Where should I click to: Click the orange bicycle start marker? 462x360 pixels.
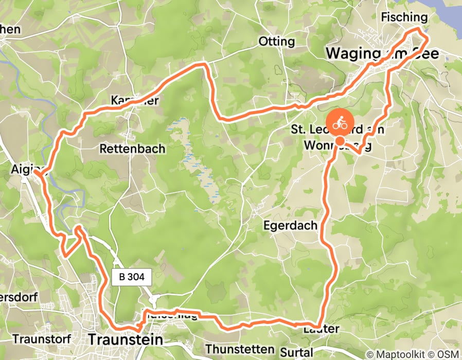(339, 123)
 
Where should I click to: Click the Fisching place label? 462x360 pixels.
(404, 17)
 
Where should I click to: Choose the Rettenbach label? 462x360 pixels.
(132, 149)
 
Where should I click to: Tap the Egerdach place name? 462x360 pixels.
(290, 226)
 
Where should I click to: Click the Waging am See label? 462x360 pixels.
(383, 53)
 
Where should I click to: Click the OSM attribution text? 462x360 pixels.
(447, 354)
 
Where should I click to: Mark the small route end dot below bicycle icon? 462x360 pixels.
(340, 141)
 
